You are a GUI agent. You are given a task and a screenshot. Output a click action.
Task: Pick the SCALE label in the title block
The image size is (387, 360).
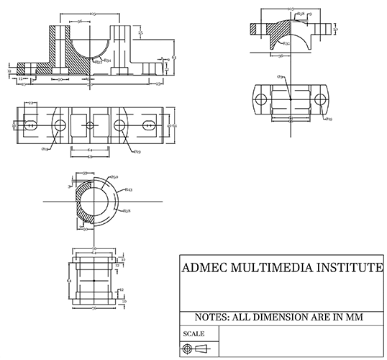point(195,334)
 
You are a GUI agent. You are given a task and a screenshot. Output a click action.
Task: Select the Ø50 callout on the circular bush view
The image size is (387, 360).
point(114,176)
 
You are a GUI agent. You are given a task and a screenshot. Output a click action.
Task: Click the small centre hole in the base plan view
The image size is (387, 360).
point(89,125)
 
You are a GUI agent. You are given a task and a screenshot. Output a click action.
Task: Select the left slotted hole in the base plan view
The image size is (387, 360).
point(30,125)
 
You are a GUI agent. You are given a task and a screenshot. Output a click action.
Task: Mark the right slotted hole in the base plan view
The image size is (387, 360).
point(147,125)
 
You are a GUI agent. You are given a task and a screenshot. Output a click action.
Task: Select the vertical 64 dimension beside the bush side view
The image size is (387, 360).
point(68,276)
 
